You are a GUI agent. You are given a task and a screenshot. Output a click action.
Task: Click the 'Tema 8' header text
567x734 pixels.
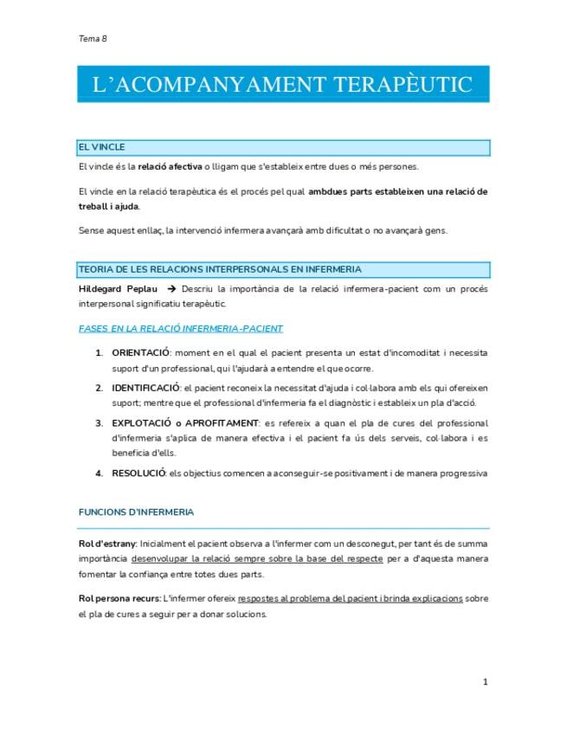click(x=92, y=38)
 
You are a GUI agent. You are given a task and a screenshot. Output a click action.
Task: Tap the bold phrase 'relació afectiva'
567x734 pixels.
click(x=170, y=166)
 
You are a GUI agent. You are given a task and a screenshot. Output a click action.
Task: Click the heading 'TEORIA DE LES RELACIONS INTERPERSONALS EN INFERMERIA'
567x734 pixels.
click(x=220, y=269)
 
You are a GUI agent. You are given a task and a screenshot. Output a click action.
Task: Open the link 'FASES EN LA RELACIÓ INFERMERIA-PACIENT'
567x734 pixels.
click(x=180, y=328)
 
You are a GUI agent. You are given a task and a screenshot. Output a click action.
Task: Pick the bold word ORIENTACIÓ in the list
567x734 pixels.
click(x=142, y=352)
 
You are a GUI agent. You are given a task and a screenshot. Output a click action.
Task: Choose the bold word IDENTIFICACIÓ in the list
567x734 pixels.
click(x=145, y=387)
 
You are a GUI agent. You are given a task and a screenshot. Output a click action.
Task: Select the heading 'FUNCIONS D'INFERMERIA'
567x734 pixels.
click(x=136, y=512)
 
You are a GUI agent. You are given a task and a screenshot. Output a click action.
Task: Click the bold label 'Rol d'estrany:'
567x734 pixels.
click(x=106, y=543)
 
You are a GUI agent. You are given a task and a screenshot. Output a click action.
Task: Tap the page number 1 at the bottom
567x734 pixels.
click(x=486, y=682)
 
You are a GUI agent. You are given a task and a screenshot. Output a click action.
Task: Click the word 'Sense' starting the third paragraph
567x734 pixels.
click(x=90, y=229)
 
